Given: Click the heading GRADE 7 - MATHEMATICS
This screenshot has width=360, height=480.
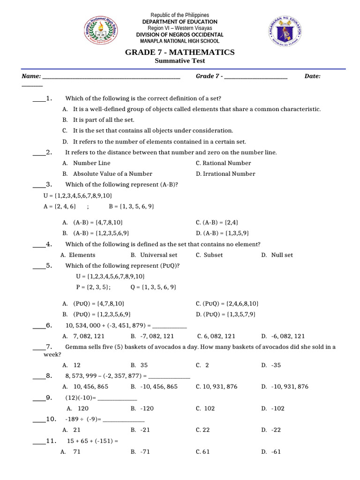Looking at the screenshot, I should pyautogui.click(x=180, y=52).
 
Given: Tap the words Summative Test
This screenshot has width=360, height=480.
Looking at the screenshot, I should pyautogui.click(x=180, y=61).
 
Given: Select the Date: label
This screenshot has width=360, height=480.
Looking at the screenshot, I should pyautogui.click(x=312, y=76).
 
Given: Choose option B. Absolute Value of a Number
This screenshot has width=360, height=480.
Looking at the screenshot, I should pyautogui.click(x=107, y=174).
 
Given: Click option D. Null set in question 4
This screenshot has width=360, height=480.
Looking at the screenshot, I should pyautogui.click(x=277, y=255).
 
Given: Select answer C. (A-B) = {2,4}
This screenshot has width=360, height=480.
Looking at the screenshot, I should pyautogui.click(x=220, y=222).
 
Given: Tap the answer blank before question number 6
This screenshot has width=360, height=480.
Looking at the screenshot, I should pyautogui.click(x=39, y=325).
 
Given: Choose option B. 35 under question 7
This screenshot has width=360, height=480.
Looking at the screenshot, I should pyautogui.click(x=139, y=365).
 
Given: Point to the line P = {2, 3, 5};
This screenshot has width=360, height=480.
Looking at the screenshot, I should pyautogui.click(x=93, y=287).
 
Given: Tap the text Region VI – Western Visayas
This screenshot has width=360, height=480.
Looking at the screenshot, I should pyautogui.click(x=180, y=28).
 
